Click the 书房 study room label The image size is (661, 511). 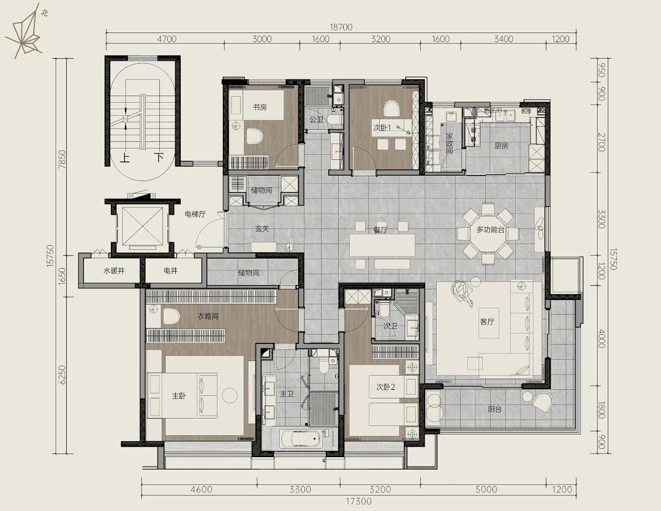point(260,107)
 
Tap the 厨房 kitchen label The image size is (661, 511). point(501,146)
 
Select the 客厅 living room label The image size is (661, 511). point(487,322)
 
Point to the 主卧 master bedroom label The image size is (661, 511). point(179,396)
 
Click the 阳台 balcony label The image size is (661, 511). point(494,409)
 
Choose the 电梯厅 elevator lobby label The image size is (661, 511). point(195,214)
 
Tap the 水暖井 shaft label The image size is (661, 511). point(114,271)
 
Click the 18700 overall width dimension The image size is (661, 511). point(341,28)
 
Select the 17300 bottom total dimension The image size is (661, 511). point(359,501)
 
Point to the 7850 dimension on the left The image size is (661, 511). point(62,160)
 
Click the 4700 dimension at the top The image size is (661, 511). point(167,39)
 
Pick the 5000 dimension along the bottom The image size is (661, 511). point(486,490)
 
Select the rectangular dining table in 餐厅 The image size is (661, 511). point(382,245)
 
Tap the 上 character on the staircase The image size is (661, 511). point(125,157)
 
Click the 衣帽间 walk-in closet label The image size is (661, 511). point(208,316)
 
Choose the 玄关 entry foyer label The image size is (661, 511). point(262,229)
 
